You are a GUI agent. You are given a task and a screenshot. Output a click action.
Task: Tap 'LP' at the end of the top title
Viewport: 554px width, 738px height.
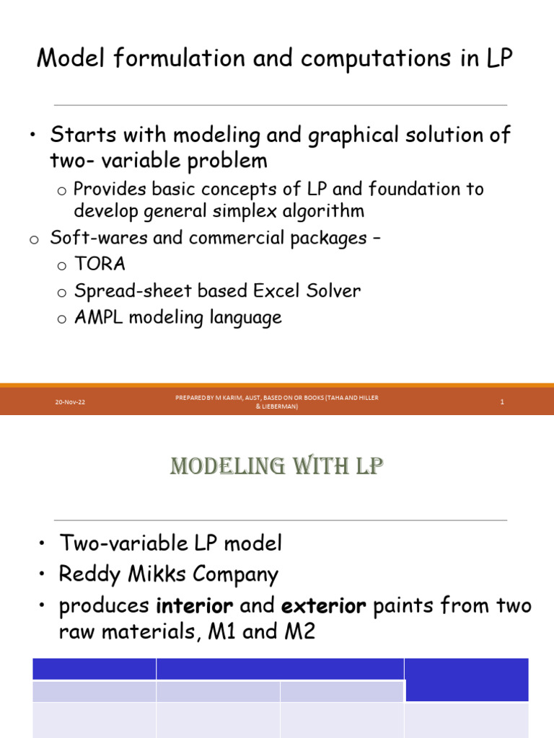click(x=498, y=59)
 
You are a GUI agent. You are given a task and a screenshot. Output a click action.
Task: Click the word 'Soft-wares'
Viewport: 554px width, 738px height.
click(x=98, y=238)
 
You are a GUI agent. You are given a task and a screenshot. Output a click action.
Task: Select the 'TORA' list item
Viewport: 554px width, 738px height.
click(x=100, y=264)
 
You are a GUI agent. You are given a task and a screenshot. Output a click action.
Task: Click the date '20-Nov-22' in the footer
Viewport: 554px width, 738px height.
click(x=69, y=402)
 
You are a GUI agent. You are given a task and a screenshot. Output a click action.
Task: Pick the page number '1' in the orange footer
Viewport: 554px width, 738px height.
click(x=501, y=402)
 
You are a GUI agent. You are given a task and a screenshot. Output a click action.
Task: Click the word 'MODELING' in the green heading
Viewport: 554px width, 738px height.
click(x=217, y=467)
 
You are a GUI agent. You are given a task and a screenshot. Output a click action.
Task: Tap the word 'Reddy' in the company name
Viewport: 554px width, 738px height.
click(x=85, y=574)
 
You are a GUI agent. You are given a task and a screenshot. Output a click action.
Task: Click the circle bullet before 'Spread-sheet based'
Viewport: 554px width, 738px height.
click(x=62, y=293)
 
